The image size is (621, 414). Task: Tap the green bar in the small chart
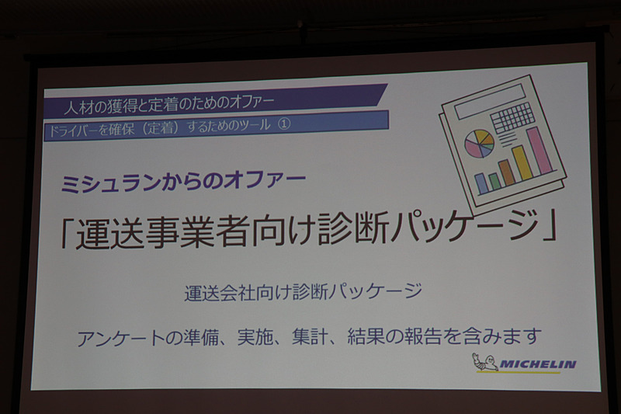494,182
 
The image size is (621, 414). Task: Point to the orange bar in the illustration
507,172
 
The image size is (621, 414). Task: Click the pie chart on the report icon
479,143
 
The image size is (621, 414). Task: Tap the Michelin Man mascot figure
485,362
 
